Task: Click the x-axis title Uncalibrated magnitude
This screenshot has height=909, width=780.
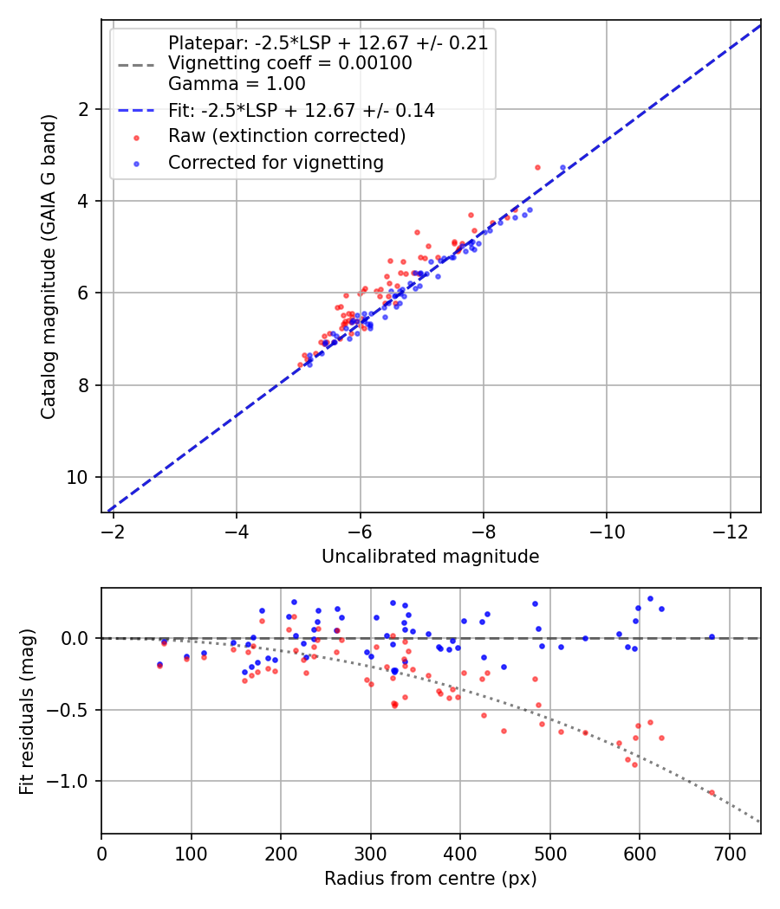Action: click(x=430, y=557)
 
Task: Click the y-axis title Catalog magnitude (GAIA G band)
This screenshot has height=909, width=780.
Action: click(x=49, y=266)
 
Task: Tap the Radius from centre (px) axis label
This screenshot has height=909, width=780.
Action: click(x=430, y=879)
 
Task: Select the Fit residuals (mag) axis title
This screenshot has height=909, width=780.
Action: click(x=27, y=711)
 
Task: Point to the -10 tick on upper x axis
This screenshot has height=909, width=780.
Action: click(x=606, y=531)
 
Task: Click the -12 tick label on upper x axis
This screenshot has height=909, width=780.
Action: click(x=729, y=531)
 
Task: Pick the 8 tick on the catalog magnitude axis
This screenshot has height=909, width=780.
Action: click(x=84, y=385)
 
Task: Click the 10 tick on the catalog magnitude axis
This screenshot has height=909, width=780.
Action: click(x=80, y=477)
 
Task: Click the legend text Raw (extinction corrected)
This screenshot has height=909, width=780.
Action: click(x=286, y=136)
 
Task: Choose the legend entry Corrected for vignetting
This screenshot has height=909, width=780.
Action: click(x=276, y=162)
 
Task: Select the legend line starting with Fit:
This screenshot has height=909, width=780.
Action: click(x=301, y=110)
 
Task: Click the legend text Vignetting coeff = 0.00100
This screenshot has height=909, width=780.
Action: click(x=289, y=63)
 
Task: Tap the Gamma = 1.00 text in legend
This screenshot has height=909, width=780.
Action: click(x=237, y=84)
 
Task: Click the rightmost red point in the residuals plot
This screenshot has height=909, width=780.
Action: click(x=712, y=792)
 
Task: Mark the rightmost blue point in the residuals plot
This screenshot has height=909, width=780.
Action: click(x=712, y=636)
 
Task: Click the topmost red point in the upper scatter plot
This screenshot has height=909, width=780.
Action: click(x=537, y=167)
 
